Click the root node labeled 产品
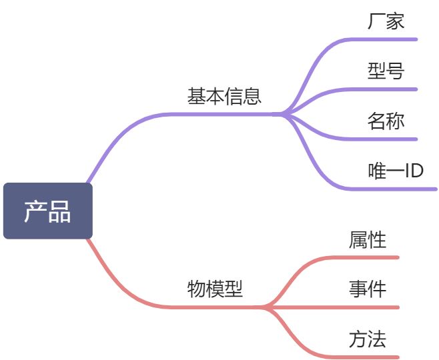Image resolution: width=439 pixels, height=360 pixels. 47,211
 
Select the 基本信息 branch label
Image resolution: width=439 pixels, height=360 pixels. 224,97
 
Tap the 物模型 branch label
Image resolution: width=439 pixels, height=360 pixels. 215,289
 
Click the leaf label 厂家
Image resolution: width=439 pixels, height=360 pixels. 386,21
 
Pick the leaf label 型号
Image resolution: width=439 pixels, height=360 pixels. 386,71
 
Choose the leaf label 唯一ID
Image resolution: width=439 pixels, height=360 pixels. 396,171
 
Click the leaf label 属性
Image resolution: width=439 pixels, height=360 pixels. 367,239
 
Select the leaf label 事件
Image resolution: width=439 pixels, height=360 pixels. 367,289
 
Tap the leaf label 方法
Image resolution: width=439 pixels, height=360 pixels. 367,339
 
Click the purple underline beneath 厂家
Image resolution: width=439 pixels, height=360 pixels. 387,39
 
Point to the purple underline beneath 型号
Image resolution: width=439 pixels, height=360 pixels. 387,89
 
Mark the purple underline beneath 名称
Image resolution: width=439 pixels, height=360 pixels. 387,139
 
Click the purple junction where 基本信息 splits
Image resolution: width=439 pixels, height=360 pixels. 283,114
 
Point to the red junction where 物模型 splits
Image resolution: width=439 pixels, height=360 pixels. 264,307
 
